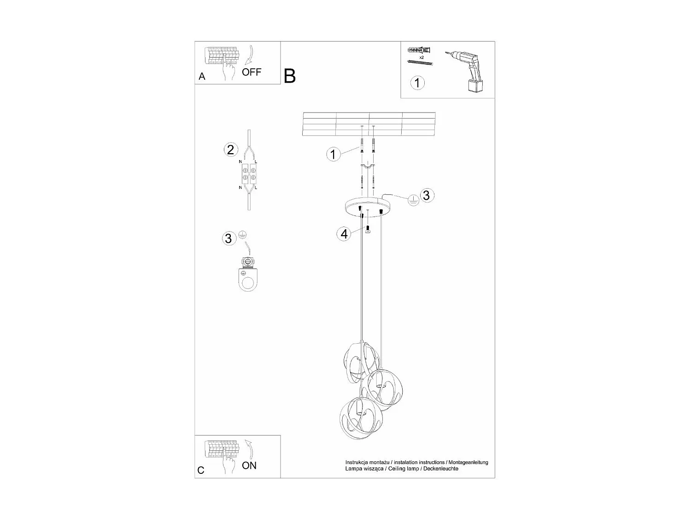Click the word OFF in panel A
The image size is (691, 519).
[252, 72]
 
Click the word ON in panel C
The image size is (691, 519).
[249, 465]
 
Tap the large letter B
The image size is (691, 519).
[289, 76]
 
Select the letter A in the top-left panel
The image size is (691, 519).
[202, 77]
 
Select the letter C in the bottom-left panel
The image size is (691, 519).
[201, 471]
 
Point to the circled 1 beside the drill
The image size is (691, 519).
[417, 83]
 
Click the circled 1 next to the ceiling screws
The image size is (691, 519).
[334, 154]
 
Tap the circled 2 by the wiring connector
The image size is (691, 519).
[231, 149]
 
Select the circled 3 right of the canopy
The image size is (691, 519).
[426, 195]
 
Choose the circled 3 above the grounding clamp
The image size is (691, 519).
[228, 239]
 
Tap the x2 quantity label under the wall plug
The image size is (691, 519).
[421, 57]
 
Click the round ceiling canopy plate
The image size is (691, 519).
[367, 205]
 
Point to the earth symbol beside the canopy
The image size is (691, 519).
[413, 200]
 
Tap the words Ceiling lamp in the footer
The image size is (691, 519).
[400, 469]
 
